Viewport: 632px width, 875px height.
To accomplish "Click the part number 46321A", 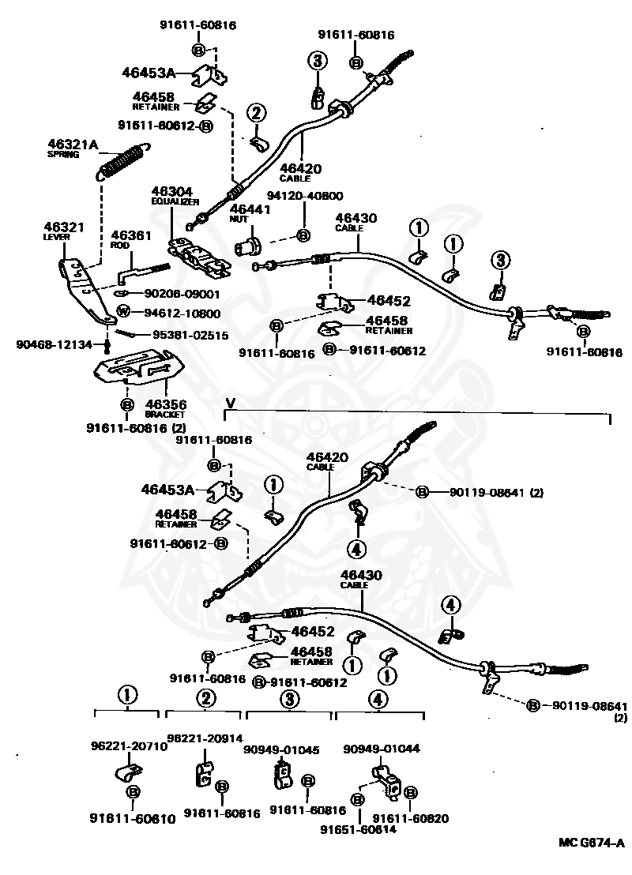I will pyautogui.click(x=72, y=144).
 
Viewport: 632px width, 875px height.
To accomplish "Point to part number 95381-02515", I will pyautogui.click(x=190, y=336).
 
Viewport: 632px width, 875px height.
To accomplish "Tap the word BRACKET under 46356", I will pyautogui.click(x=164, y=414).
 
